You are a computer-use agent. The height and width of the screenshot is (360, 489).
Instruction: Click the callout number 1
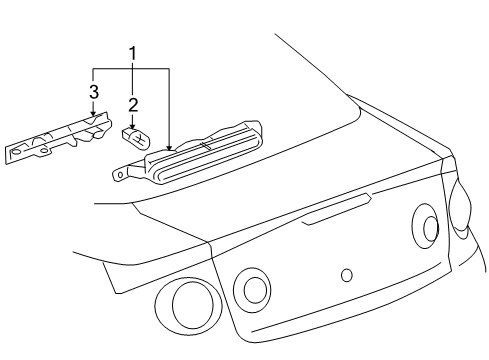(131, 52)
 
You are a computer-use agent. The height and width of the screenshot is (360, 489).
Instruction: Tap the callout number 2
(131, 103)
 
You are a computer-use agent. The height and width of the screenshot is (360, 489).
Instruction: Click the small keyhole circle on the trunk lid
(346, 273)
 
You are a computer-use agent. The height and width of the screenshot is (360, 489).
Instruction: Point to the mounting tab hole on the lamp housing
(119, 173)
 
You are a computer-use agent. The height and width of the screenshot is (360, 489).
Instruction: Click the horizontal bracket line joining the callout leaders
(130, 68)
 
